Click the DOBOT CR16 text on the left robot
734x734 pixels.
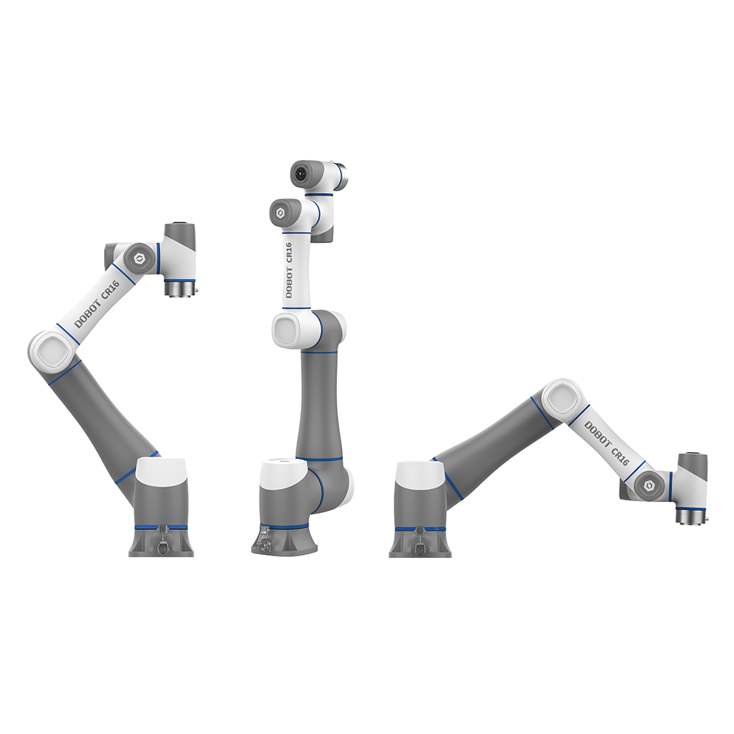(x=98, y=304)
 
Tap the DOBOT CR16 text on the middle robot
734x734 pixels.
(x=288, y=270)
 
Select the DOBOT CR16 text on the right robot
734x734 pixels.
(x=606, y=443)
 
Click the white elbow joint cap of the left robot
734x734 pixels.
(x=52, y=352)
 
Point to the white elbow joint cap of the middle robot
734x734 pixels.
(x=288, y=330)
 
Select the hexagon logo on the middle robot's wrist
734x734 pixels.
(x=280, y=214)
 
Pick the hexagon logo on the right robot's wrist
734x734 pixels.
(x=649, y=486)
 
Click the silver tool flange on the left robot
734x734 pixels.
(x=180, y=288)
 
